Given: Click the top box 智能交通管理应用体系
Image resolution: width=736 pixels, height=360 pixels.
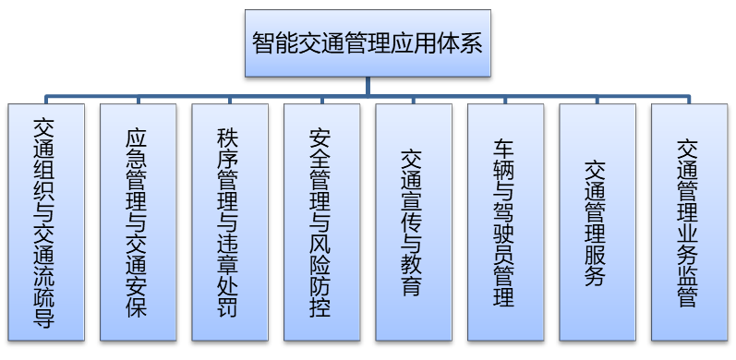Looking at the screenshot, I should pos(368,43).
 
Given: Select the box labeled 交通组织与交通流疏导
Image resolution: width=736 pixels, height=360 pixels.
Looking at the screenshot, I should pos(44,222).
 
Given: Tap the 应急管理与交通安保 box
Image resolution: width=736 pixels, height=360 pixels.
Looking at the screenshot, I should pos(137,222).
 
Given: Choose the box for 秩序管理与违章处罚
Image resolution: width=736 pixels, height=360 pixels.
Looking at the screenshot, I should pos(229,222).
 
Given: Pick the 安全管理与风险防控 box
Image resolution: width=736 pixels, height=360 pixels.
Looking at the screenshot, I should pos(321,222).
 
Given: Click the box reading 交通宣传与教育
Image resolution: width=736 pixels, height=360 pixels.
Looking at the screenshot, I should pos(413,222).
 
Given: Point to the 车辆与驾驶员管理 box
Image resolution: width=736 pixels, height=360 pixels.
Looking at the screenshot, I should pos(505,222).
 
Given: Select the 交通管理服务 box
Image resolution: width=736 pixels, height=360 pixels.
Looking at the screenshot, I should pos(597,222).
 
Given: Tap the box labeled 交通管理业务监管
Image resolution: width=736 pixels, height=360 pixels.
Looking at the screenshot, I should pos(688,222).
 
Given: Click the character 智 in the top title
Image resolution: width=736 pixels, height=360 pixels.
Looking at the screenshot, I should pos(263,43).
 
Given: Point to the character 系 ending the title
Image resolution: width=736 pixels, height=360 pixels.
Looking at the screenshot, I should pos(472,43).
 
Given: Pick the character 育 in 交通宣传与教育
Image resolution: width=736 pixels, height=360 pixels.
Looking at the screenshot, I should pos(413,285).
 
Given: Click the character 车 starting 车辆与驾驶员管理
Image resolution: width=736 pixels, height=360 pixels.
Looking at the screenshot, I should pos(505,149).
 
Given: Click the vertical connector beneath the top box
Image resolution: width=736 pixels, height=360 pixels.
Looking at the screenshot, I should pos(368,87).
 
